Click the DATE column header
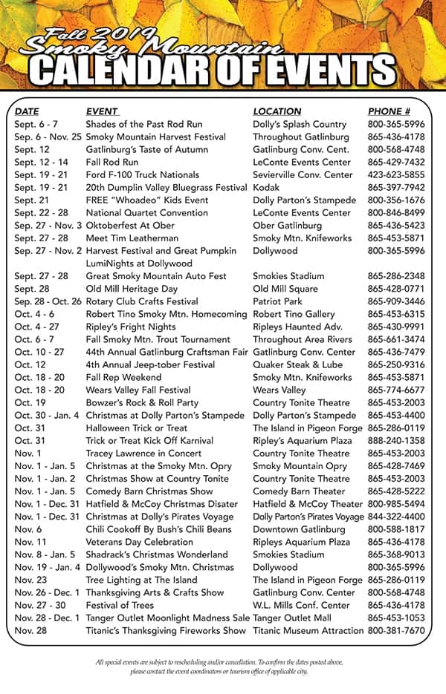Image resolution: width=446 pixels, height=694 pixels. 27,111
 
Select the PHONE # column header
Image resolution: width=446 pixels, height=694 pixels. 389,111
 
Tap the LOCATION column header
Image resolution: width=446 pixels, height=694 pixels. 277,111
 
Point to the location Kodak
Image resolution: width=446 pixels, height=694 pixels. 266,188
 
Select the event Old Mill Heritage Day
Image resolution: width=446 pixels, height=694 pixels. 132,289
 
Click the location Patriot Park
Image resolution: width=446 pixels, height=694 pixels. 278,301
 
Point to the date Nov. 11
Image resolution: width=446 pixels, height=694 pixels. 30,542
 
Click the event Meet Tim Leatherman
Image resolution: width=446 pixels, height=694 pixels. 132,238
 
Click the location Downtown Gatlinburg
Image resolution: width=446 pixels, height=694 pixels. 299,529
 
